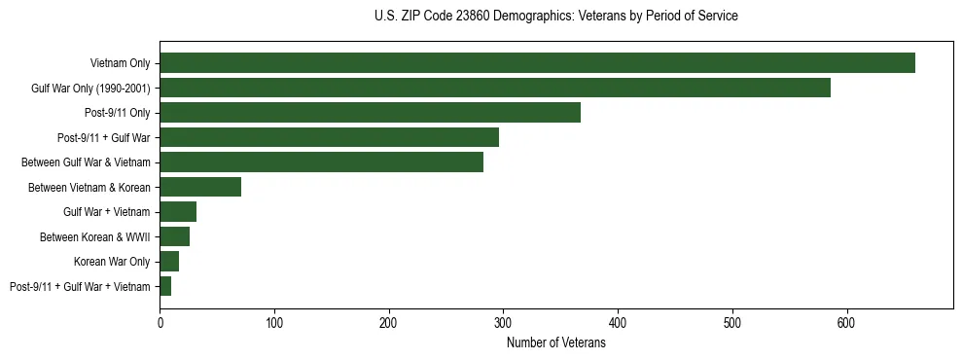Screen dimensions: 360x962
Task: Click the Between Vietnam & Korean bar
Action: pyautogui.click(x=200, y=187)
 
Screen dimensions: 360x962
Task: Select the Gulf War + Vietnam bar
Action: pyautogui.click(x=178, y=212)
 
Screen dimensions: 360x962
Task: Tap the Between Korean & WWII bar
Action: pyautogui.click(x=174, y=236)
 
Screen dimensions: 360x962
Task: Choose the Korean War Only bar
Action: pyautogui.click(x=169, y=261)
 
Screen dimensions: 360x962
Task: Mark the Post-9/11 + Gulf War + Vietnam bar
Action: pyautogui.click(x=165, y=286)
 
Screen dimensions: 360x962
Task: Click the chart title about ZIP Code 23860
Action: pyautogui.click(x=555, y=17)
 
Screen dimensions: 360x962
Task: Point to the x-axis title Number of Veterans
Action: pyautogui.click(x=555, y=342)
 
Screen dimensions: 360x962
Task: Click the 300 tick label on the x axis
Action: pyautogui.click(x=503, y=322)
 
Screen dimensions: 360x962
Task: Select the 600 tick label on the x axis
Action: pyautogui.click(x=846, y=322)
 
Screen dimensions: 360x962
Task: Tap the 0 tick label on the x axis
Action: pyautogui.click(x=160, y=322)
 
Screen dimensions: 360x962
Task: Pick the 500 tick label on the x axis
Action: pyautogui.click(x=732, y=322)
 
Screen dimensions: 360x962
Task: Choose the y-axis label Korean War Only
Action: pyautogui.click(x=112, y=262)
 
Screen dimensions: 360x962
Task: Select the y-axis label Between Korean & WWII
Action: pyautogui.click(x=94, y=237)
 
